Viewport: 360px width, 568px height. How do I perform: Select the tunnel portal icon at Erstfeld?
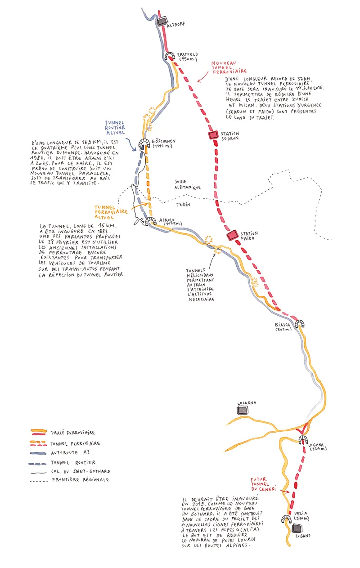pyautogui.click(x=171, y=57)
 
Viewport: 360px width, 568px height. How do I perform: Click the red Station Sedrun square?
pyautogui.click(x=213, y=135)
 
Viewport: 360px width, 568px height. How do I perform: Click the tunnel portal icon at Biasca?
pyautogui.click(x=299, y=324)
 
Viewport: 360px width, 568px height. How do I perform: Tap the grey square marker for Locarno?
pyautogui.click(x=243, y=410)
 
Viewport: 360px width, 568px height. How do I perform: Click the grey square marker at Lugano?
pyautogui.click(x=297, y=528)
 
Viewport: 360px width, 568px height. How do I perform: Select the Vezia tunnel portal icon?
pyautogui.click(x=286, y=518)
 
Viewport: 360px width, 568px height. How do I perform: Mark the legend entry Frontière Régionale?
pyautogui.click(x=81, y=480)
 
